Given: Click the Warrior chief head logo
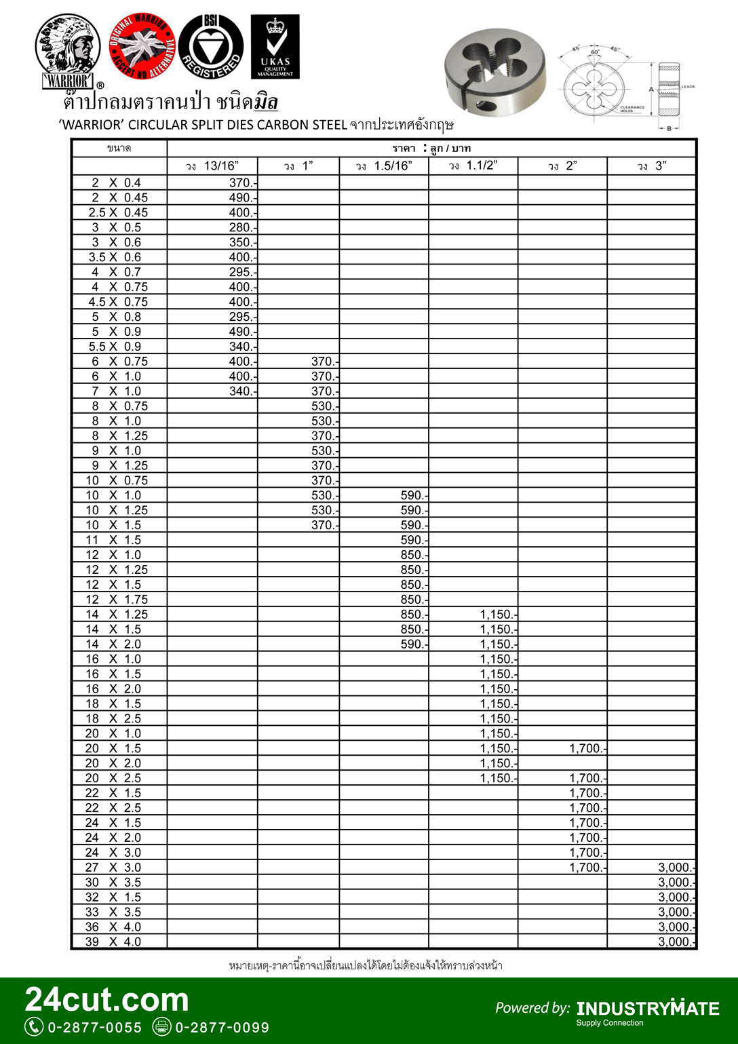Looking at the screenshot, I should [x=68, y=51].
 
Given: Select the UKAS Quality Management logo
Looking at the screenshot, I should [x=275, y=47].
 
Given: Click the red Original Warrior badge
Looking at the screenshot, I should [x=142, y=45].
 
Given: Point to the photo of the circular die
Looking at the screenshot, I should [x=495, y=71].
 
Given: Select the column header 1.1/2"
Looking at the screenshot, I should [x=473, y=166].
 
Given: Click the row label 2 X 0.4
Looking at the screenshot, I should [x=116, y=182].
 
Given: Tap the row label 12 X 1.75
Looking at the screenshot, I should [x=116, y=599].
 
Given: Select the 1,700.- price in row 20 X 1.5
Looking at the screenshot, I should [x=587, y=748].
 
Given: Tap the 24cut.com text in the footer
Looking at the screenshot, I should [x=106, y=1000].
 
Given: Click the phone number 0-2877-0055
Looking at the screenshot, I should [x=94, y=1028].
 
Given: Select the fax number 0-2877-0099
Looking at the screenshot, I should [x=222, y=1028].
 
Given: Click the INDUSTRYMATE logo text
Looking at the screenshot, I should [x=647, y=1008].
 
